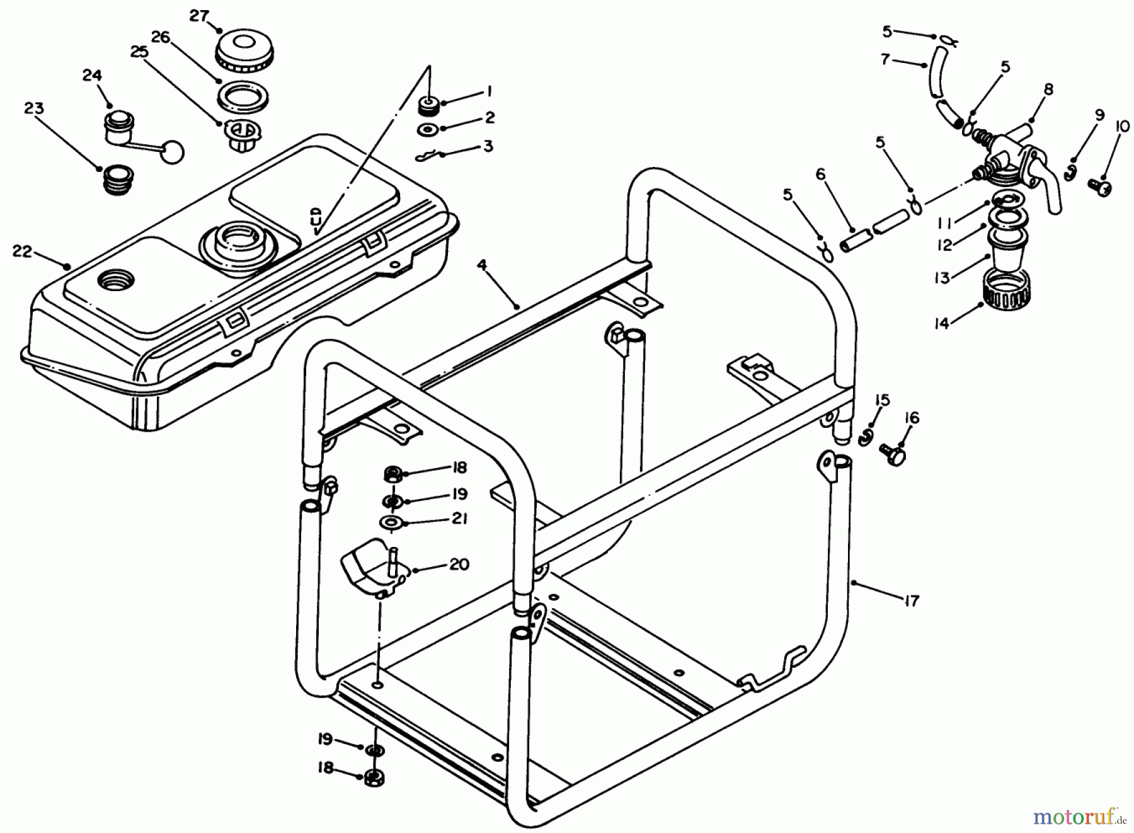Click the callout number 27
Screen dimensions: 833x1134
point(199,15)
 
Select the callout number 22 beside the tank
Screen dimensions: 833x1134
point(22,251)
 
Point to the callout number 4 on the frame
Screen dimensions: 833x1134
point(482,265)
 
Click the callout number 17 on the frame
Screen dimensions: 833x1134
point(911,600)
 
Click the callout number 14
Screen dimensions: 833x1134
point(941,323)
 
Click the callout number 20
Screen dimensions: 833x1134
point(459,564)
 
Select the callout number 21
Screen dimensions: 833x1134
point(459,518)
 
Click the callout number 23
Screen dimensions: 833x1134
point(34,108)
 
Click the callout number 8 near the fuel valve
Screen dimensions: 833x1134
point(1048,89)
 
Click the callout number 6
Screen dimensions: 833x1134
point(820,174)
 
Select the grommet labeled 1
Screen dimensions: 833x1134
point(429,106)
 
